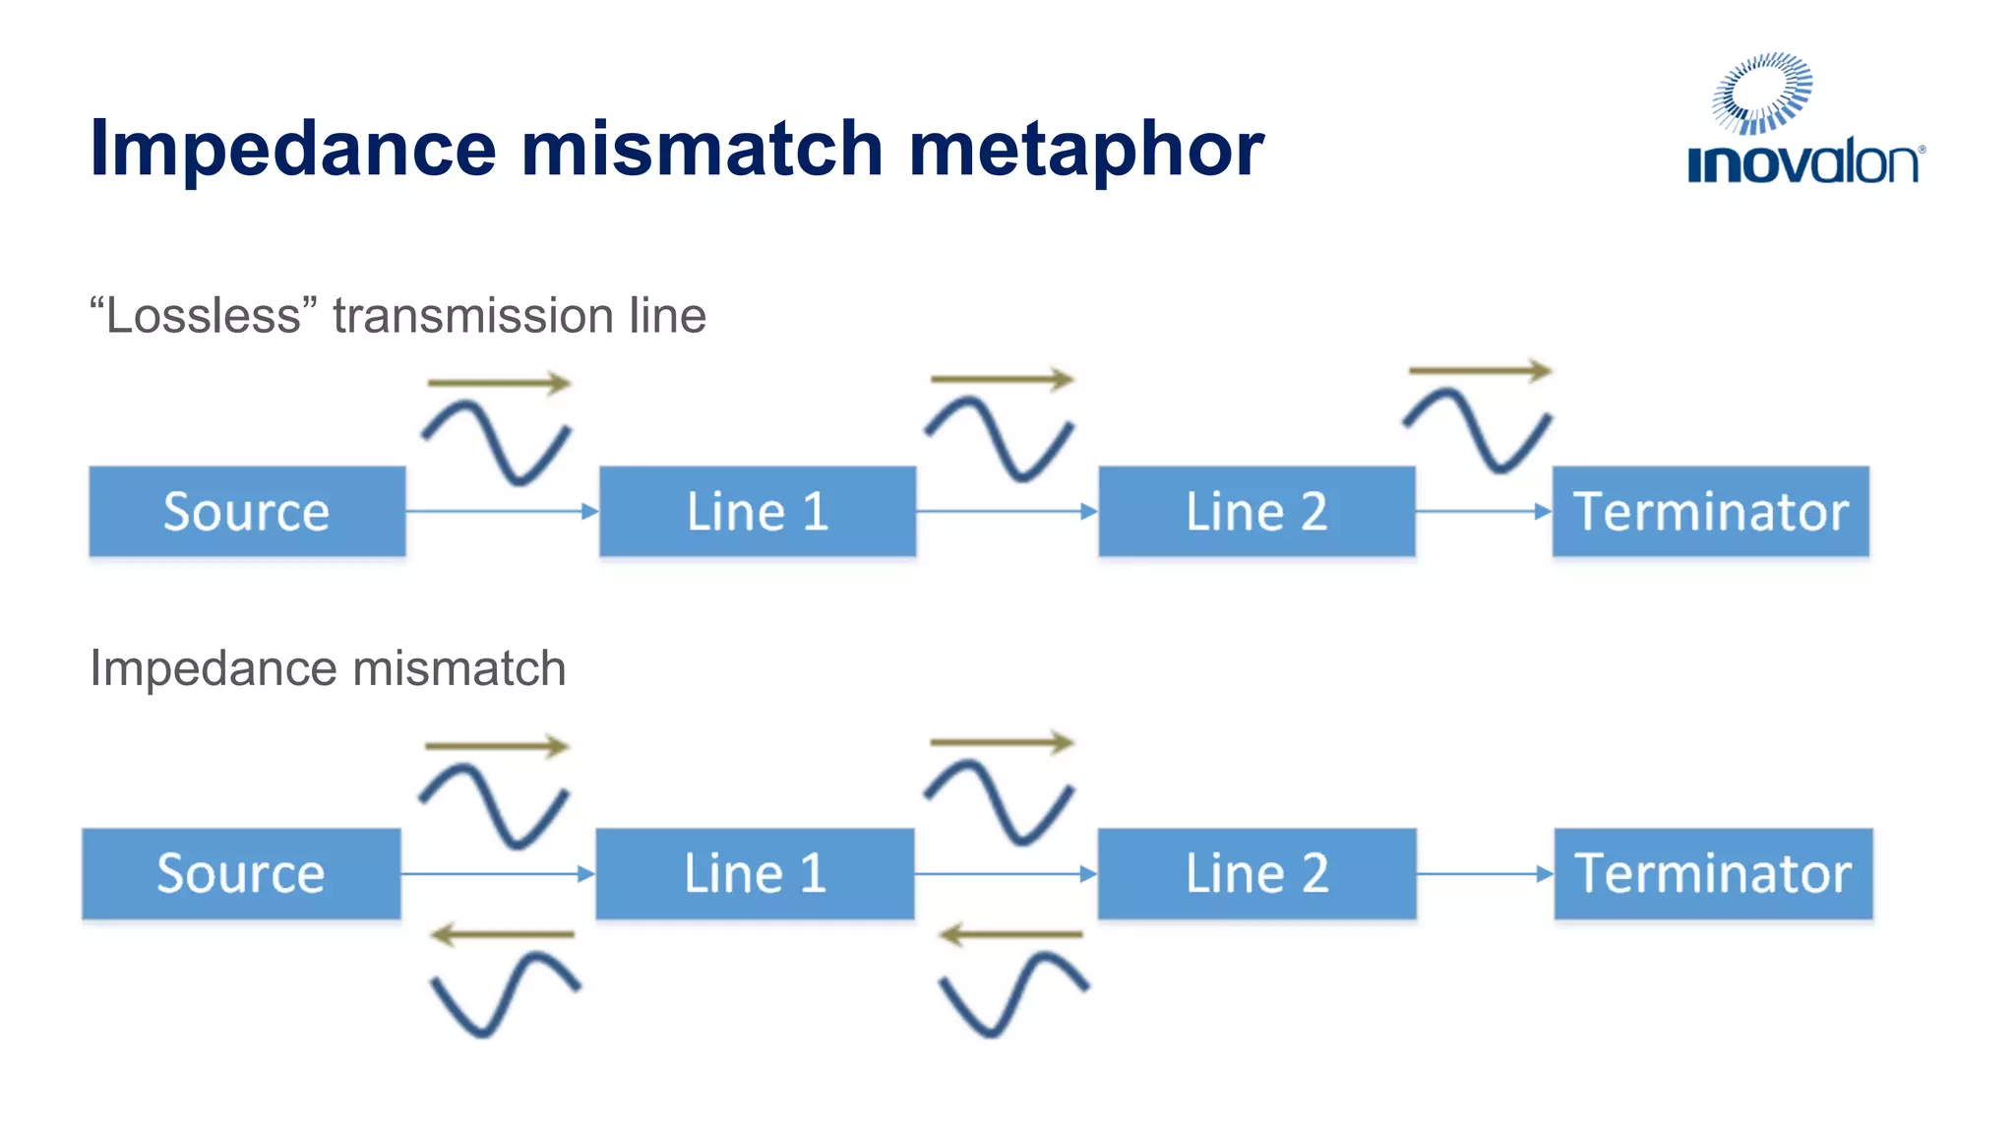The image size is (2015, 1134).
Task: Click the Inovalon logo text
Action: tap(1803, 163)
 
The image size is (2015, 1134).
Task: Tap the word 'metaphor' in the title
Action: tap(1086, 150)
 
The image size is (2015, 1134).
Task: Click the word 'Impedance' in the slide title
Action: tap(292, 150)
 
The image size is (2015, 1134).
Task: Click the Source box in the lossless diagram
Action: tap(247, 512)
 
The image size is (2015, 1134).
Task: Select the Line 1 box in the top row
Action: tap(758, 512)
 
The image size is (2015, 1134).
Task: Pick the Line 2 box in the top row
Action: tap(1256, 512)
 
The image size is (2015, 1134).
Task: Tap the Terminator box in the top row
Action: tap(1710, 512)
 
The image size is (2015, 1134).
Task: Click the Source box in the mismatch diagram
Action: tap(241, 874)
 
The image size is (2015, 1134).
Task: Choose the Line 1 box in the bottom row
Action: tap(755, 874)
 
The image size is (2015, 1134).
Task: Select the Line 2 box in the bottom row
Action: tap(1256, 874)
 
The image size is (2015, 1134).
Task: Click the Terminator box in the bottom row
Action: tap(1713, 874)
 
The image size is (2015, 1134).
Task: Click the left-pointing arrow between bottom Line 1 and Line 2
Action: tap(1010, 934)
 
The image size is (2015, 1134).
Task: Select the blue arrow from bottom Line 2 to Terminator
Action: tap(1485, 873)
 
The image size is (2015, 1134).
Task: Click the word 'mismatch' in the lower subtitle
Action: tap(458, 668)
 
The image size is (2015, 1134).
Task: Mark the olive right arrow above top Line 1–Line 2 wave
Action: tap(1002, 379)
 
